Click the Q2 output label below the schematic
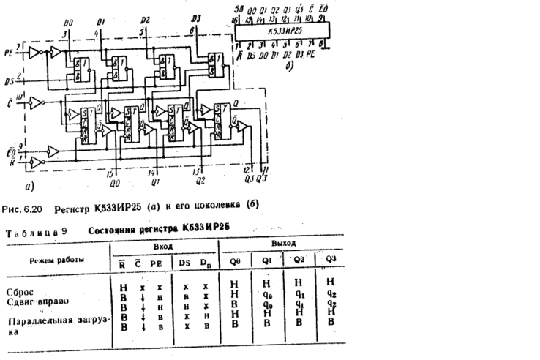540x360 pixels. (198, 180)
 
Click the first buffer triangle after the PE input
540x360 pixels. (54, 52)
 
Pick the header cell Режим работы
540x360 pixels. (56, 260)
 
